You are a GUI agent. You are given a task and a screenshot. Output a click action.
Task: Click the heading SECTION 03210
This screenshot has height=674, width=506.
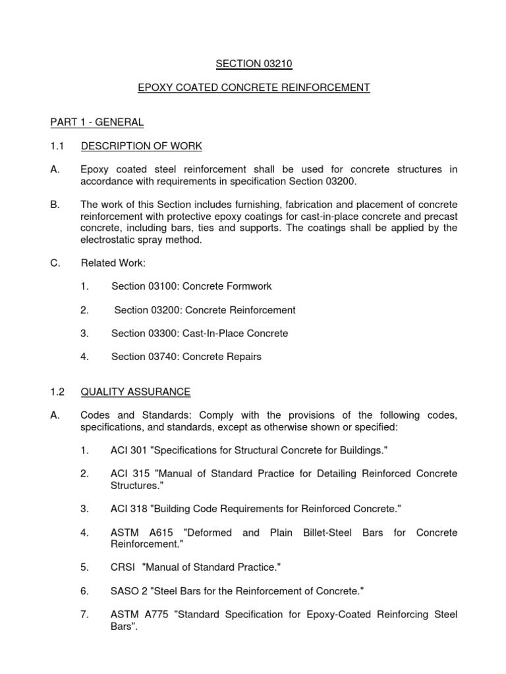(252, 64)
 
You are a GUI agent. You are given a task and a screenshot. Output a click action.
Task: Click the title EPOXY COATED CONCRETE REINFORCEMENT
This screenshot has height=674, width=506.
(252, 88)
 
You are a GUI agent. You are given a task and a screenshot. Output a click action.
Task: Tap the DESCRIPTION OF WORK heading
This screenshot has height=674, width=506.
(141, 145)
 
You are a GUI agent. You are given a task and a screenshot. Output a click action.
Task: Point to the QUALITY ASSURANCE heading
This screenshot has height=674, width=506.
(136, 392)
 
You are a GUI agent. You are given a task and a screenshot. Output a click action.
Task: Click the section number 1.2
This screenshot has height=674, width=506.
(57, 392)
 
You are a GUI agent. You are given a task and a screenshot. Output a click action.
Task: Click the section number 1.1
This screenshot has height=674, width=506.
(57, 145)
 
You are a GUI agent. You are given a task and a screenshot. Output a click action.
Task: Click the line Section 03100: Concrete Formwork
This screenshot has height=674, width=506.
(191, 286)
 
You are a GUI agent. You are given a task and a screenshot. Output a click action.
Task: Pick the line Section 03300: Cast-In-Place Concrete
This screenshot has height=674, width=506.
(200, 333)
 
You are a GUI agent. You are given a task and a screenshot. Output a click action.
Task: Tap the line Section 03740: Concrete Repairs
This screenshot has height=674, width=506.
(186, 357)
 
